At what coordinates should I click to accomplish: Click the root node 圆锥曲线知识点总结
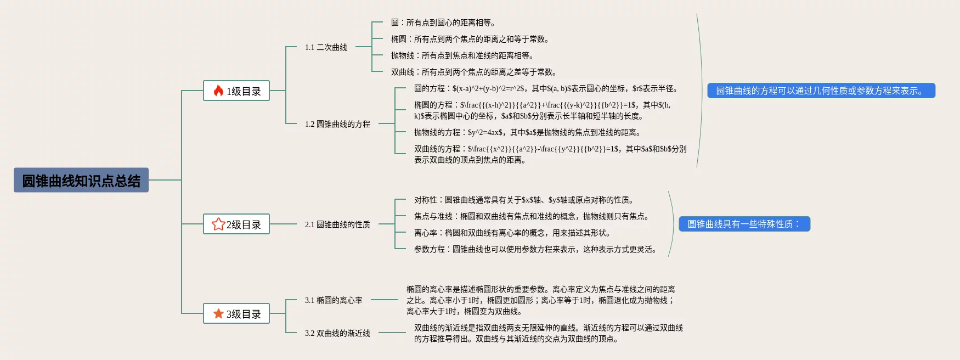(81, 180)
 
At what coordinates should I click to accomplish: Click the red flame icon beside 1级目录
(218, 91)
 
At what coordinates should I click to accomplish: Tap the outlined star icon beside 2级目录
(218, 224)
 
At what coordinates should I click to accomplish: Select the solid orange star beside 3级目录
(218, 313)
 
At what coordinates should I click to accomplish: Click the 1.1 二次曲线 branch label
(326, 47)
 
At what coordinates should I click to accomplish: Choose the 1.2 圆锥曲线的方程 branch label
(337, 124)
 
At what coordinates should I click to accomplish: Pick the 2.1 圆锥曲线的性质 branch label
(337, 224)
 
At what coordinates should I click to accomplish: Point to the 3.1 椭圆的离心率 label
(334, 300)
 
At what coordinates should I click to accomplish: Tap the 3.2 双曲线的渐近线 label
(337, 333)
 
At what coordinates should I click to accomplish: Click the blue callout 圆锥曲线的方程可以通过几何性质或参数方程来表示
(821, 91)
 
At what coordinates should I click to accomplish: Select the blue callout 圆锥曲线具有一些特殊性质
(744, 224)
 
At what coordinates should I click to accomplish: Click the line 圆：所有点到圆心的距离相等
(443, 22)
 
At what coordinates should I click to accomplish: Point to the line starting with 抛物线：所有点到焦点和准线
(462, 55)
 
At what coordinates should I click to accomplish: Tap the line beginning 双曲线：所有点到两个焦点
(474, 72)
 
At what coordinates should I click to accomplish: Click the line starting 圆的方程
(546, 88)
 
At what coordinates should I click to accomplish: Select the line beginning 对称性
(524, 200)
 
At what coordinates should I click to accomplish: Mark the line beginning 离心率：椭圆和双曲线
(512, 233)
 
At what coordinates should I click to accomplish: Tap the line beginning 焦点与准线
(532, 216)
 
